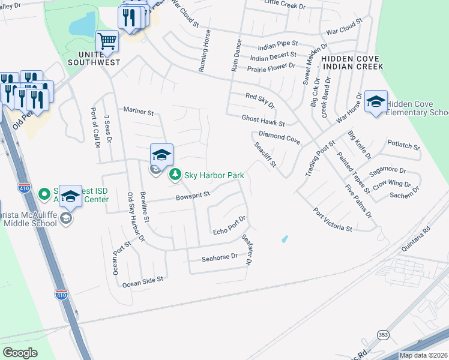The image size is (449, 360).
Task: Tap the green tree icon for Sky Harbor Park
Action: pyautogui.click(x=175, y=175)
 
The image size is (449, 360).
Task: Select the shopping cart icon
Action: pyautogui.click(x=107, y=41)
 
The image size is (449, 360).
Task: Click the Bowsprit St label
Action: pyautogui.click(x=192, y=196)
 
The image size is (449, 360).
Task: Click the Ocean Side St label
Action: pyautogui.click(x=143, y=281)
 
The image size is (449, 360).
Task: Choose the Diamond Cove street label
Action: pyautogui.click(x=279, y=137)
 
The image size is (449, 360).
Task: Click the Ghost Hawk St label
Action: pyautogui.click(x=263, y=121)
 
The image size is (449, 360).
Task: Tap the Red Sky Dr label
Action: pyautogui.click(x=260, y=100)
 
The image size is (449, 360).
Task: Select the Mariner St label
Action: pyautogui.click(x=139, y=112)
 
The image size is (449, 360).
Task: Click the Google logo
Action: pyautogui.click(x=20, y=353)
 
